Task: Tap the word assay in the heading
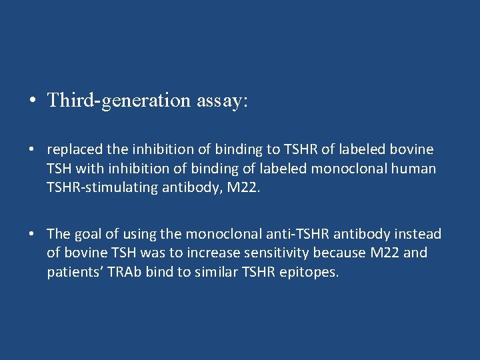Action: pyautogui.click(x=221, y=100)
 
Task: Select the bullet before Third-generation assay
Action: pyautogui.click(x=32, y=101)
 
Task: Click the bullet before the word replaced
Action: pyautogui.click(x=32, y=150)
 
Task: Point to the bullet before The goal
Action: pyautogui.click(x=32, y=235)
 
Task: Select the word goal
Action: pyautogui.click(x=89, y=234)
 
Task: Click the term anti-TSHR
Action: pyautogui.click(x=296, y=233)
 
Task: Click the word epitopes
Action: pyautogui.click(x=313, y=272)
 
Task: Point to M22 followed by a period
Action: pyautogui.click(x=245, y=188)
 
